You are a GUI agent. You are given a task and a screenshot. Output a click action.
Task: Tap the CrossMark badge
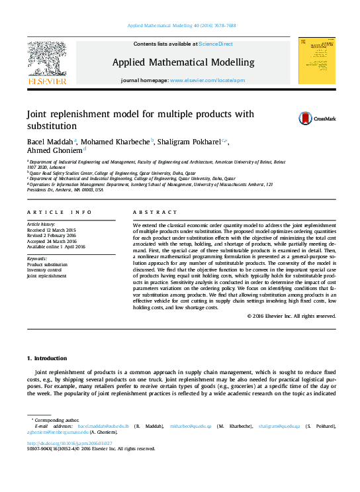[x=316, y=119]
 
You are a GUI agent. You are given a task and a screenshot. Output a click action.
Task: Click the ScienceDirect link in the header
[x=216, y=44]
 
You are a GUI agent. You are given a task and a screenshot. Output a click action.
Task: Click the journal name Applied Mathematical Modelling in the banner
[x=183, y=62]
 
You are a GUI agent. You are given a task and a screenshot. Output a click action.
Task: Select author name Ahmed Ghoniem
[x=54, y=150]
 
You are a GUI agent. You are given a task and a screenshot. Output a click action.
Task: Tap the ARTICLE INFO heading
[x=60, y=212]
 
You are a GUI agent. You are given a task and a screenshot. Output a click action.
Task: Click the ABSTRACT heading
[x=152, y=212]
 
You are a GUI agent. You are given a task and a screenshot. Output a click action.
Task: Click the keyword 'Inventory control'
[x=44, y=270]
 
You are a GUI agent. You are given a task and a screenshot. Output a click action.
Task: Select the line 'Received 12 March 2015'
[x=52, y=230]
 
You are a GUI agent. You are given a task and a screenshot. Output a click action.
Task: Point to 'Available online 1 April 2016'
[x=56, y=246]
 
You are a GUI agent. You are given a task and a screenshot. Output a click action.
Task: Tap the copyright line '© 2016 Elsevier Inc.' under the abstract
[x=292, y=316]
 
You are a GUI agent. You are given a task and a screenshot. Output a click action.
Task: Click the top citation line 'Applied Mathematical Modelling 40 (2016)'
[x=180, y=26]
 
